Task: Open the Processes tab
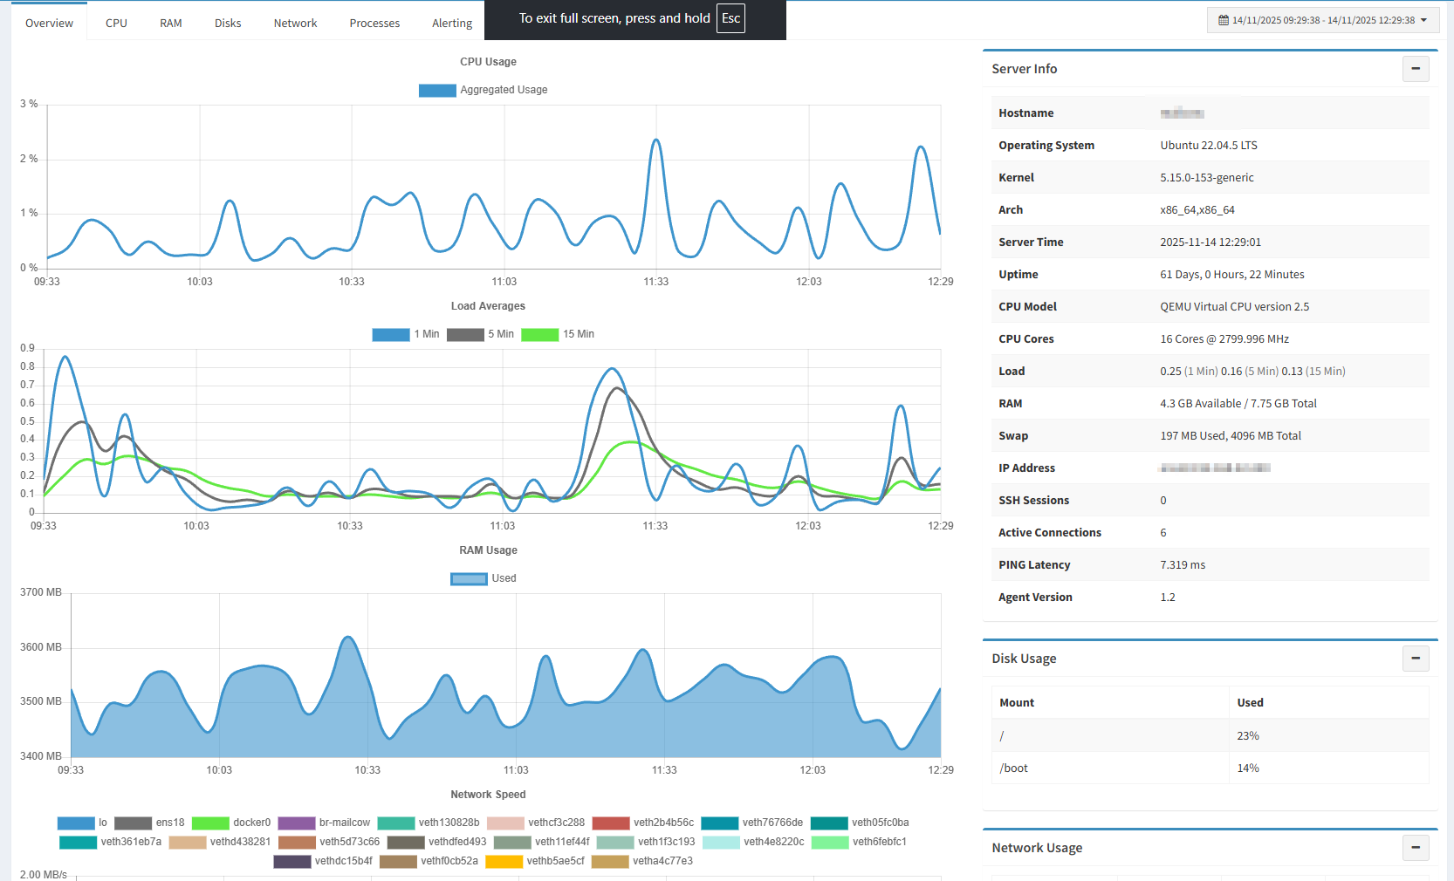coord(374,23)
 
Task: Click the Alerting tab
coord(451,23)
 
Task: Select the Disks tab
coord(228,23)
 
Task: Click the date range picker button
coord(1322,20)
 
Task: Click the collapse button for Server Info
coord(1415,69)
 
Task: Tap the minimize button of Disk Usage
coord(1415,659)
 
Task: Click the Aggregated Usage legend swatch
coord(437,90)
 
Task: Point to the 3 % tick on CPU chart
coord(29,104)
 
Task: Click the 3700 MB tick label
coord(41,592)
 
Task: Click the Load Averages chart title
coord(488,306)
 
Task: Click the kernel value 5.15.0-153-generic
coord(1206,178)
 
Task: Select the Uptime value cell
coord(1231,275)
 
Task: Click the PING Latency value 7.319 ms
coord(1182,565)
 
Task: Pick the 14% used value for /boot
coord(1247,768)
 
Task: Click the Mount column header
coord(1017,703)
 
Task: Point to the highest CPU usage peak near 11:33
coord(655,140)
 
